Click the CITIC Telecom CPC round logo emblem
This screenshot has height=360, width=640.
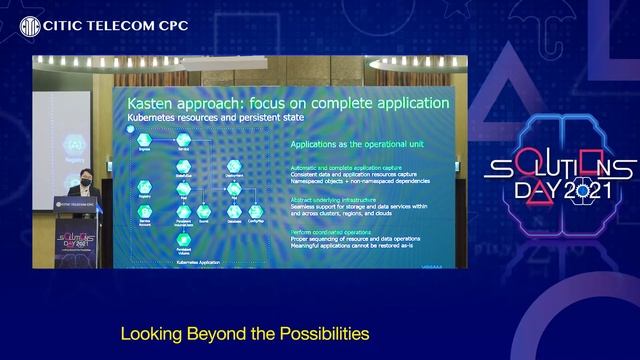coord(30,24)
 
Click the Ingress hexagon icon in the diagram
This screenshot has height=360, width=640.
coord(145,140)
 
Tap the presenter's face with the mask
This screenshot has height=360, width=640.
coord(87,179)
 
